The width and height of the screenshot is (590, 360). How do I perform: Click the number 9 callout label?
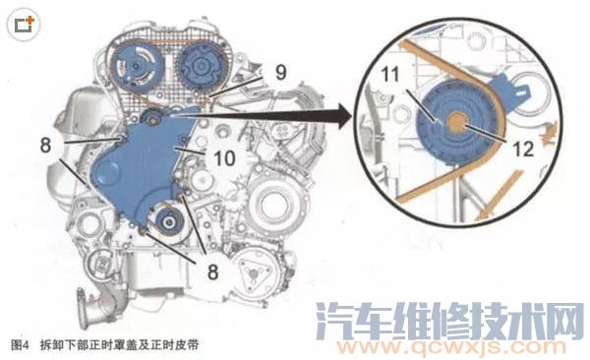point(280,72)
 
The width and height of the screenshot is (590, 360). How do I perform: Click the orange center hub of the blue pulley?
point(458,126)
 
